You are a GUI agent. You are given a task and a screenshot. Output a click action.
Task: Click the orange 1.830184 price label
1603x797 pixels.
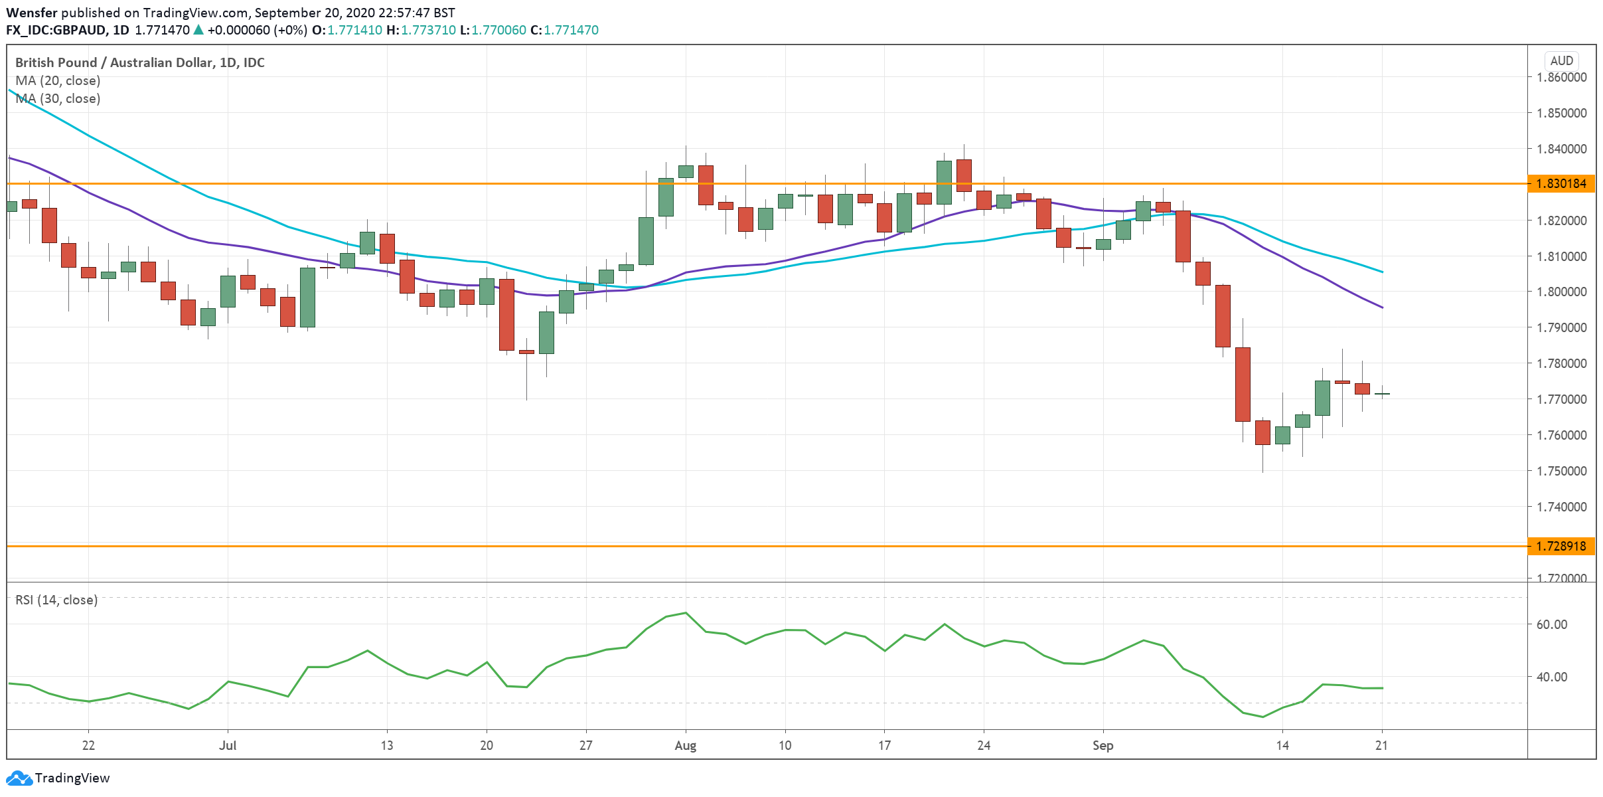pos(1561,183)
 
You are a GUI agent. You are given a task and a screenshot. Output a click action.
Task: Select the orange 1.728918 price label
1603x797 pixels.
pos(1561,546)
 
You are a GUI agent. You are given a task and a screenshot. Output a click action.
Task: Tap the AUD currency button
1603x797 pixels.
pos(1561,60)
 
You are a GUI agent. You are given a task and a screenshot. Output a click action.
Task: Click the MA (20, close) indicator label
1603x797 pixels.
pos(58,80)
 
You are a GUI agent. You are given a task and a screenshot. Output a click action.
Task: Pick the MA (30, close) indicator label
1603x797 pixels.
pos(58,98)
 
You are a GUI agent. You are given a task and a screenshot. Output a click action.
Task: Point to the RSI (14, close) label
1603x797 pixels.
pos(56,600)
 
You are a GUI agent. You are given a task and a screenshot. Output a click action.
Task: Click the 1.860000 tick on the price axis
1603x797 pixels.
pos(1561,77)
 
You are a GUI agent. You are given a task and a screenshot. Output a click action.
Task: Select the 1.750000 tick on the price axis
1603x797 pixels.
pos(1561,471)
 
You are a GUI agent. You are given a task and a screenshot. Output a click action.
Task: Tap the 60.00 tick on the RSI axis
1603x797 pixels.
pos(1551,624)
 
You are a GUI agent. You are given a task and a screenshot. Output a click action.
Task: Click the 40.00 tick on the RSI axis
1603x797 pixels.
pos(1551,677)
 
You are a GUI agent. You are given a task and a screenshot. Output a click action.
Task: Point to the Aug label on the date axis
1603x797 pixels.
pos(685,745)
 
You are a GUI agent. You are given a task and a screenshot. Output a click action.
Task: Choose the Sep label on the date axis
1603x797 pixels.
pos(1103,745)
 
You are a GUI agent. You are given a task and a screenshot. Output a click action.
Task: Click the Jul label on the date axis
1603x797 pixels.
pos(228,745)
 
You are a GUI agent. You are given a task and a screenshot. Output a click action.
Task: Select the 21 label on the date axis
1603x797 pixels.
pos(1381,745)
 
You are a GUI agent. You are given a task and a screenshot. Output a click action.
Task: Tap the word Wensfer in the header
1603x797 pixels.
pos(32,13)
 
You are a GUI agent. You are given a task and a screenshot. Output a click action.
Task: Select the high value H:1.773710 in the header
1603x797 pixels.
pos(421,30)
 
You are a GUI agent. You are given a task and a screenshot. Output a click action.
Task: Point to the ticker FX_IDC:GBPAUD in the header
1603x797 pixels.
pos(57,30)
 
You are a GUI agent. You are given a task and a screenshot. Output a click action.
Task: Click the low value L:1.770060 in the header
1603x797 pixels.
pos(493,30)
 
